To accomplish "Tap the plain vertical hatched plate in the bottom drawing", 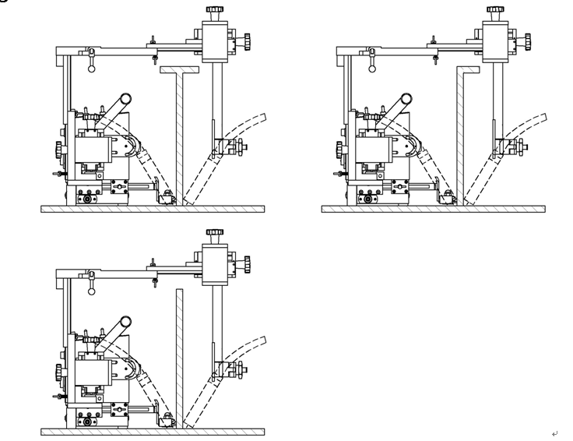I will click(x=179, y=358).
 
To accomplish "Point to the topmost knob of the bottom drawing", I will click(x=213, y=232).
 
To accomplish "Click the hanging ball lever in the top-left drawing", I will click(x=92, y=67).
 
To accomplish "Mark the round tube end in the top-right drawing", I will click(x=405, y=98).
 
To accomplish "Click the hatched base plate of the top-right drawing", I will click(x=433, y=209).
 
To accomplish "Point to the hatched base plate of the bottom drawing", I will click(x=153, y=432).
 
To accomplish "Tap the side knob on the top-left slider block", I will click(x=248, y=39).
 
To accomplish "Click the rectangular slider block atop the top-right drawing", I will click(x=494, y=43).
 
